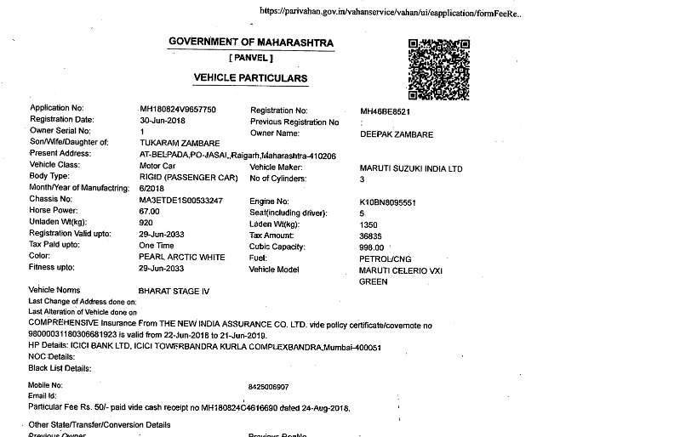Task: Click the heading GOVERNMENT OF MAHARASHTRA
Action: point(250,43)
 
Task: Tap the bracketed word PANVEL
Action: point(251,58)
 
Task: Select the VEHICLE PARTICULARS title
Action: point(250,78)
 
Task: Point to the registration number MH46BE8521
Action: point(386,111)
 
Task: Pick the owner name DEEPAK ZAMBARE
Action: point(397,134)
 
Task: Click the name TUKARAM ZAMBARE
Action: point(180,143)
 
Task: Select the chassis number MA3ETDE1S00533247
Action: point(180,200)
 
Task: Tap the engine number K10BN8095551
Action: point(387,202)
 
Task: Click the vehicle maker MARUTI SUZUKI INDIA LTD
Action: point(411,169)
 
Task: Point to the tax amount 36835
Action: point(372,236)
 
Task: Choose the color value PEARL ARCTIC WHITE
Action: point(182,257)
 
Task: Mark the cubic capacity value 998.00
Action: point(373,247)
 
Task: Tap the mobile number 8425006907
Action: point(268,386)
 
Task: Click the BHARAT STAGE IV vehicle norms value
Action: point(174,291)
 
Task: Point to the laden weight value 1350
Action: point(369,224)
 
